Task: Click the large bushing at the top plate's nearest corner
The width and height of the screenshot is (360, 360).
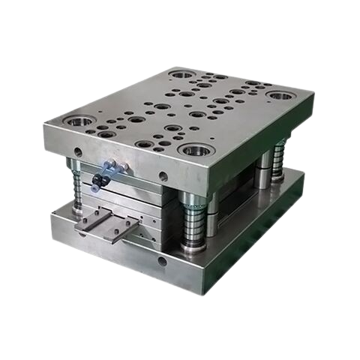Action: (x=193, y=149)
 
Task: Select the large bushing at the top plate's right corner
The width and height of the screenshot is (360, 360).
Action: (x=279, y=96)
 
